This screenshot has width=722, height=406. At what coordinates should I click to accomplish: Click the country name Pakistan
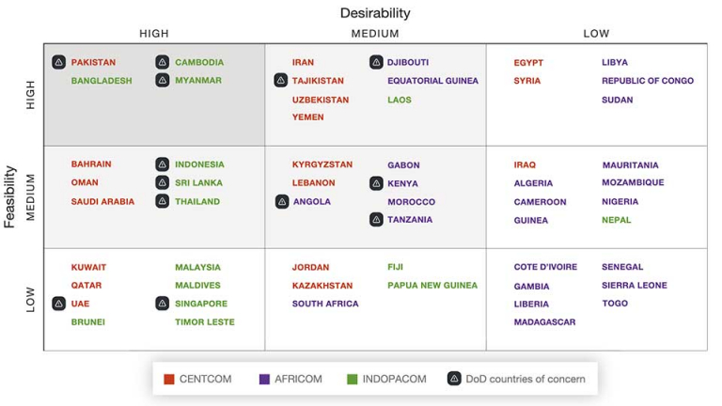pyautogui.click(x=93, y=63)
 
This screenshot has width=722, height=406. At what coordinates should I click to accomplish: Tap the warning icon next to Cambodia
pyautogui.click(x=163, y=63)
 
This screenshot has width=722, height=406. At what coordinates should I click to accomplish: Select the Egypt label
pyautogui.click(x=528, y=63)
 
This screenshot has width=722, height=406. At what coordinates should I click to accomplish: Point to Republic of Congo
pyautogui.click(x=648, y=81)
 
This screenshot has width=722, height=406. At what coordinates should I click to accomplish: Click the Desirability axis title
pyautogui.click(x=375, y=13)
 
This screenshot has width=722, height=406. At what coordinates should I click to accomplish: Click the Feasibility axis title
pyautogui.click(x=10, y=197)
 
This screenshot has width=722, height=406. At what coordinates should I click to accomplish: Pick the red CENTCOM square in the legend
pyautogui.click(x=169, y=380)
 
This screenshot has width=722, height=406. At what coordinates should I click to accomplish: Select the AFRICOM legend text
pyautogui.click(x=299, y=380)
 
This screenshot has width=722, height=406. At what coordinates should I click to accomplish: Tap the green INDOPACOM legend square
pyautogui.click(x=353, y=380)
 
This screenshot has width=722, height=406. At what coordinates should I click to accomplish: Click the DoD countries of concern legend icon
pyautogui.click(x=453, y=380)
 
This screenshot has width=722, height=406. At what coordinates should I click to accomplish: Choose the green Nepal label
pyautogui.click(x=617, y=220)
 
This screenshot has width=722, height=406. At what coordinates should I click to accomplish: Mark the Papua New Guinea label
pyautogui.click(x=432, y=285)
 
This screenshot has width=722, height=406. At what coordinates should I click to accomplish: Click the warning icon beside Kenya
pyautogui.click(x=376, y=183)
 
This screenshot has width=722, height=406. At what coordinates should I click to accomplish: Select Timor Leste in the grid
pyautogui.click(x=205, y=321)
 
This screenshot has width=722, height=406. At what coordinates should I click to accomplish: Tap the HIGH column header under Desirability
pyautogui.click(x=154, y=34)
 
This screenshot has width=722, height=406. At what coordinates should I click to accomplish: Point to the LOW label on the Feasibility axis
pyautogui.click(x=30, y=300)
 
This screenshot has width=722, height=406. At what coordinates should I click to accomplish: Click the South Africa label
pyautogui.click(x=325, y=304)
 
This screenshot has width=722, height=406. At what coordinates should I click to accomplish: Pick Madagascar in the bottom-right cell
pyautogui.click(x=544, y=321)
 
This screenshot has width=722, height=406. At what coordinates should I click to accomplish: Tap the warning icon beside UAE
pyautogui.click(x=58, y=304)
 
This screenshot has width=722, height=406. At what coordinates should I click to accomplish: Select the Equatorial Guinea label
pyautogui.click(x=432, y=81)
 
